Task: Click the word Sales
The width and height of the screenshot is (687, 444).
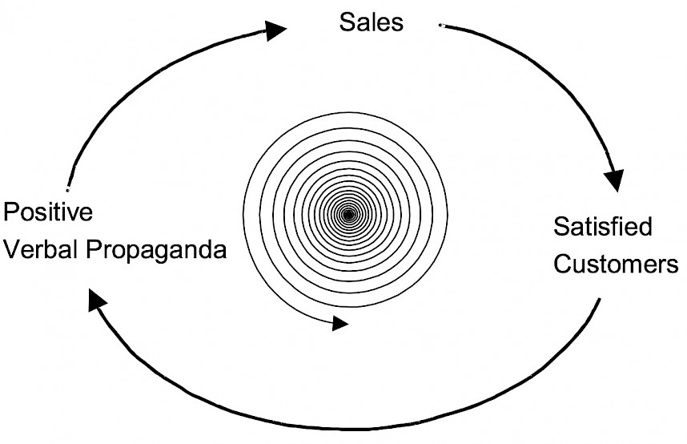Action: coord(371,22)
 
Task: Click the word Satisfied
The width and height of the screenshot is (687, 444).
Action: coord(603,228)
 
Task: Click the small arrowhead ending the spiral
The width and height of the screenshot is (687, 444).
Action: coord(340,324)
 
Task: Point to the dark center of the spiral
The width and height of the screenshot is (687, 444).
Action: coord(348,214)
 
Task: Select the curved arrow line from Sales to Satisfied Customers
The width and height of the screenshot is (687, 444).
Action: coord(560,72)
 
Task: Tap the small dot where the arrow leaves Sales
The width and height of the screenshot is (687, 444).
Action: coord(441,26)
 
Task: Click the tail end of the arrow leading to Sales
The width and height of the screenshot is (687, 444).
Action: coord(68,188)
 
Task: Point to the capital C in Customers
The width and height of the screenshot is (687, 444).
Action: coord(563,264)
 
